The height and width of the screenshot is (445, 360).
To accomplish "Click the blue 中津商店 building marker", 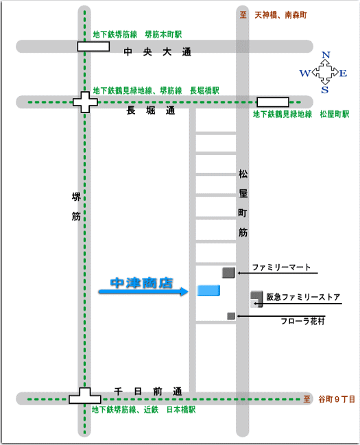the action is point(208,291).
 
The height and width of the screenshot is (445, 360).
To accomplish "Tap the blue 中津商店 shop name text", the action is point(142,283).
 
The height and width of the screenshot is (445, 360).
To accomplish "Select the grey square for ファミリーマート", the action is point(228,273).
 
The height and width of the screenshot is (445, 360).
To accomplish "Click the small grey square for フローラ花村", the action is point(231,316).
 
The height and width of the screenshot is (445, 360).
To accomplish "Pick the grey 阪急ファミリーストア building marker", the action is point(256,299).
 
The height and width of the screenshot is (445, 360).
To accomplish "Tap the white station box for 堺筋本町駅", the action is point(93,47).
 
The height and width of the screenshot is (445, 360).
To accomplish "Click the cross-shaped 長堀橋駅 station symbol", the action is point(85,102).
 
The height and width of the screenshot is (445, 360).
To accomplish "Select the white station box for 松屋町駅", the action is point(273,102).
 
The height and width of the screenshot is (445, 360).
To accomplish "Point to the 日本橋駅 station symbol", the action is point(85,396).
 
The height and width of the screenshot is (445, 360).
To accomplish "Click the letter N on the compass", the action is point(326,55).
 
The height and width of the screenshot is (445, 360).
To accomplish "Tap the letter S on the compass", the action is point(325,90).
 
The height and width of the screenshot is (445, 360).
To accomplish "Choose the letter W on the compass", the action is point(305,73).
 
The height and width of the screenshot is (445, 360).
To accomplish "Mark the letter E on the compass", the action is point(344,73).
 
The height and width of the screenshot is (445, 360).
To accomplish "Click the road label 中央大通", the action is point(157,52).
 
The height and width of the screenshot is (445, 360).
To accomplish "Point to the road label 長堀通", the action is point(151,110).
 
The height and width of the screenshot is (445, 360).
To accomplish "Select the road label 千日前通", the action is point(148,392).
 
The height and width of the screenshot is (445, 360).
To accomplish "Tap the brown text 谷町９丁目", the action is point(337,399).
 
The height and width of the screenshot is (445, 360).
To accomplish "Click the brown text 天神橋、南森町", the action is point(280,15).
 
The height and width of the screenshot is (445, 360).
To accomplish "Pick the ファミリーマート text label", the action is point(281,267).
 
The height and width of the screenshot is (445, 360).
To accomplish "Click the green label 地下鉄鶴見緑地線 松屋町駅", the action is point(301,114).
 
